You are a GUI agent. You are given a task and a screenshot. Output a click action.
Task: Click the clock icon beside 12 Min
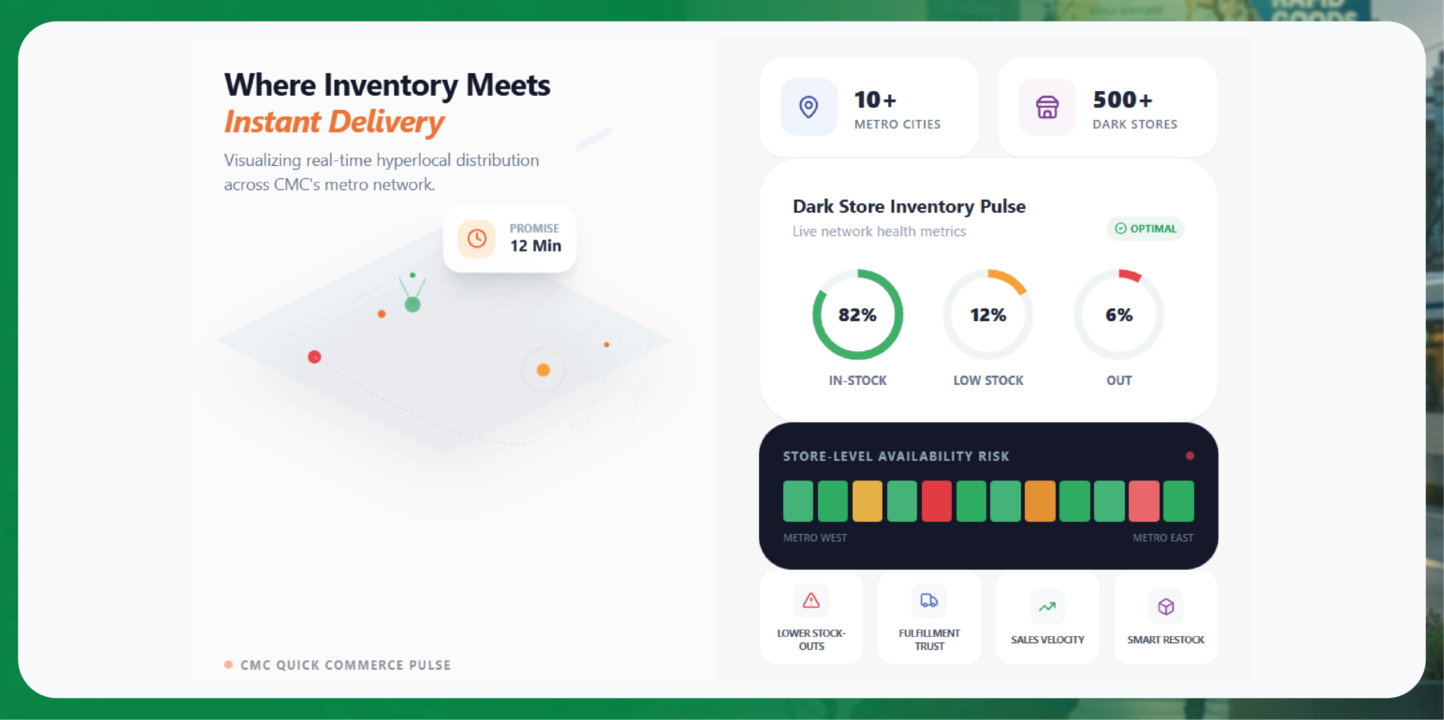[x=476, y=239]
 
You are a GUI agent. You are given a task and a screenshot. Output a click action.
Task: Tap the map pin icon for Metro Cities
[x=808, y=106]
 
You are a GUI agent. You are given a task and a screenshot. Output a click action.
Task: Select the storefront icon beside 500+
[x=1047, y=106]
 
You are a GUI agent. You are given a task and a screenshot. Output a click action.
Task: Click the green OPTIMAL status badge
[x=1145, y=229]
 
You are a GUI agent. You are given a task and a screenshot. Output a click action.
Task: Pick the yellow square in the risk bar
[x=867, y=501]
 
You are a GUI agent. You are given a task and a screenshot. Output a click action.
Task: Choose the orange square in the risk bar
[x=1040, y=501]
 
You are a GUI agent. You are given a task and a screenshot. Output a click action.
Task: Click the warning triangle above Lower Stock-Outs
[x=811, y=600]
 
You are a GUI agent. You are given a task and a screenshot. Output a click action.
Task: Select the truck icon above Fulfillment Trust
[x=929, y=600]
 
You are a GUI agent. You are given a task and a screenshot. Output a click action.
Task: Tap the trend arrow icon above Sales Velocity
[x=1047, y=607]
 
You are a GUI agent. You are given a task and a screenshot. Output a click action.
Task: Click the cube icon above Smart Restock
[x=1165, y=607]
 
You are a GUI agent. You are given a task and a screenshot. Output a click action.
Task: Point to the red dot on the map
[x=315, y=357]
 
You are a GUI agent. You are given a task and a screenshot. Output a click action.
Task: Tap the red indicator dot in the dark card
[x=1189, y=456]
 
